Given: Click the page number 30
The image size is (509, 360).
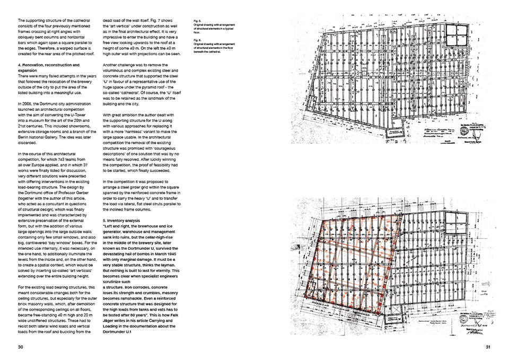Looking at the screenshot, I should pos(20,347).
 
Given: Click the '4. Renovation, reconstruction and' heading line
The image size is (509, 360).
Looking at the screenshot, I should pos(48,65).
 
